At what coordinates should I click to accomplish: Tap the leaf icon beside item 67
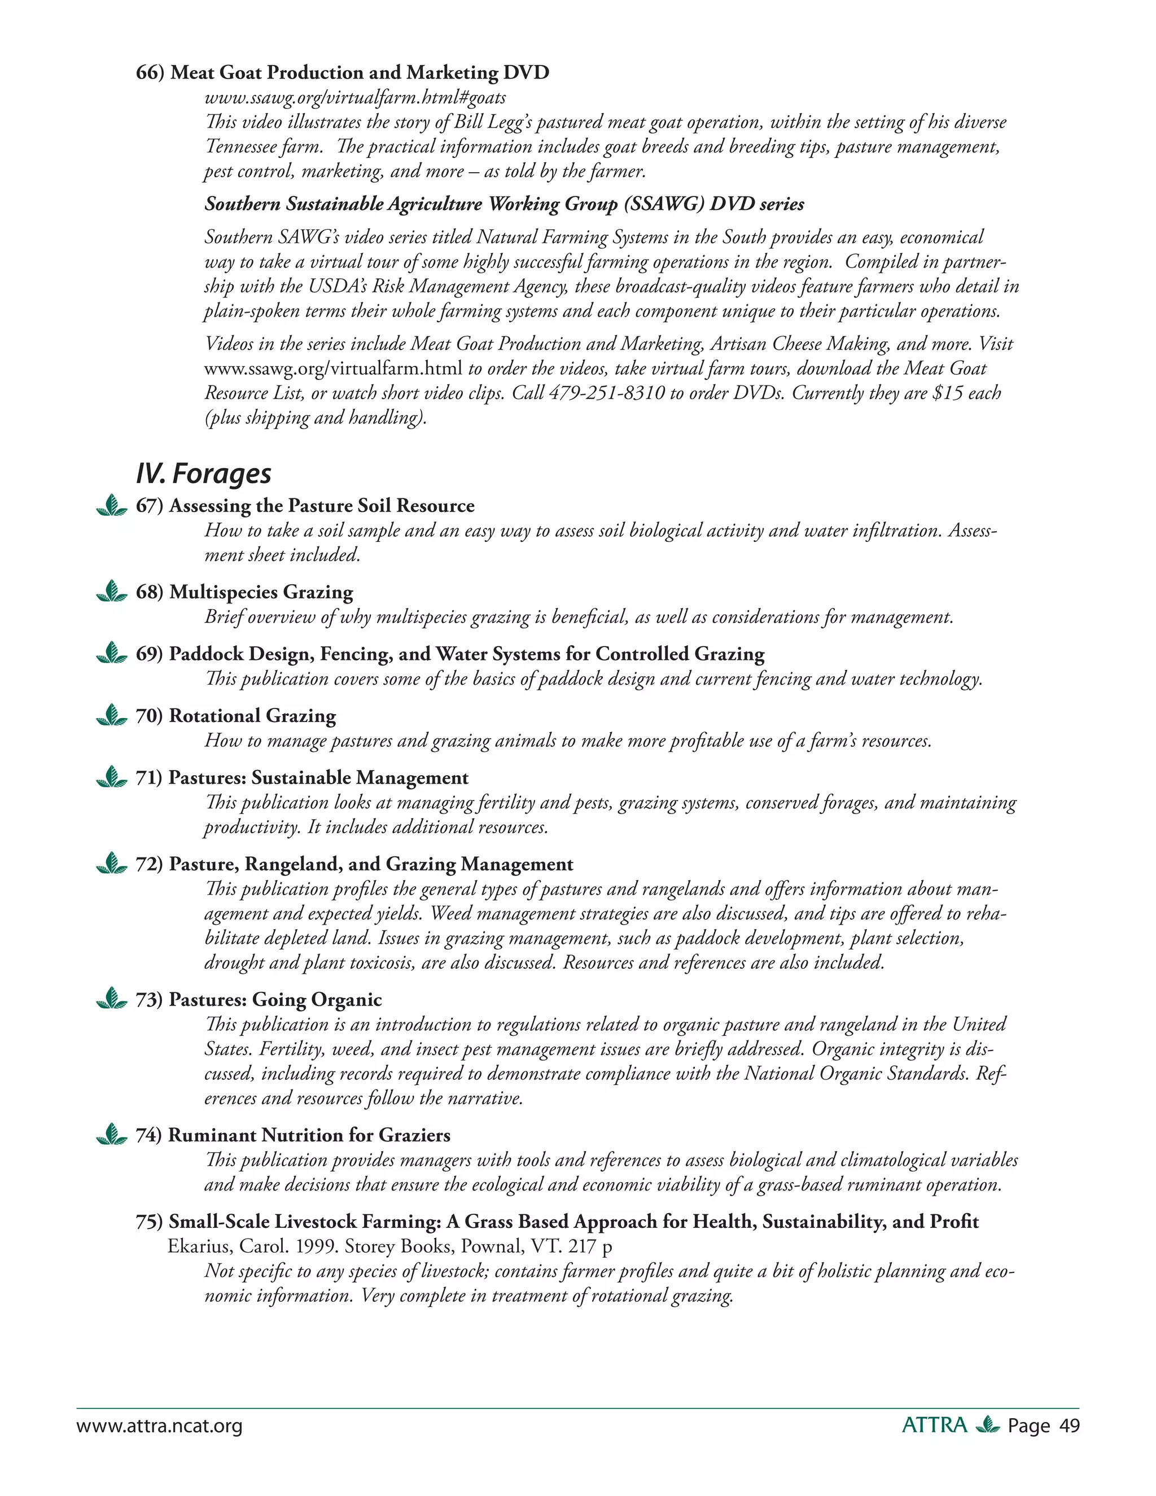(112, 506)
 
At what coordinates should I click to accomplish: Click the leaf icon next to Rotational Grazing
(112, 716)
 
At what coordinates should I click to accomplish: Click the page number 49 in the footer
(1069, 1425)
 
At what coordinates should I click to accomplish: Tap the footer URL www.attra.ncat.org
(160, 1426)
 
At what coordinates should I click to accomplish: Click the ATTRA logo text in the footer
(934, 1425)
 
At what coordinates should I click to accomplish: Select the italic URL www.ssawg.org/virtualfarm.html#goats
(356, 98)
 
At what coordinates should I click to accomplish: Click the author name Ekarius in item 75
(195, 1246)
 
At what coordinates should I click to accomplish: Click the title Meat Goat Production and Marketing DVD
(360, 73)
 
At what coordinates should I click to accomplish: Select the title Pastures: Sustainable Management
(318, 777)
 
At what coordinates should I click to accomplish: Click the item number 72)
(148, 864)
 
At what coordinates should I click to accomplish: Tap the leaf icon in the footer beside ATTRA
(987, 1425)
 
